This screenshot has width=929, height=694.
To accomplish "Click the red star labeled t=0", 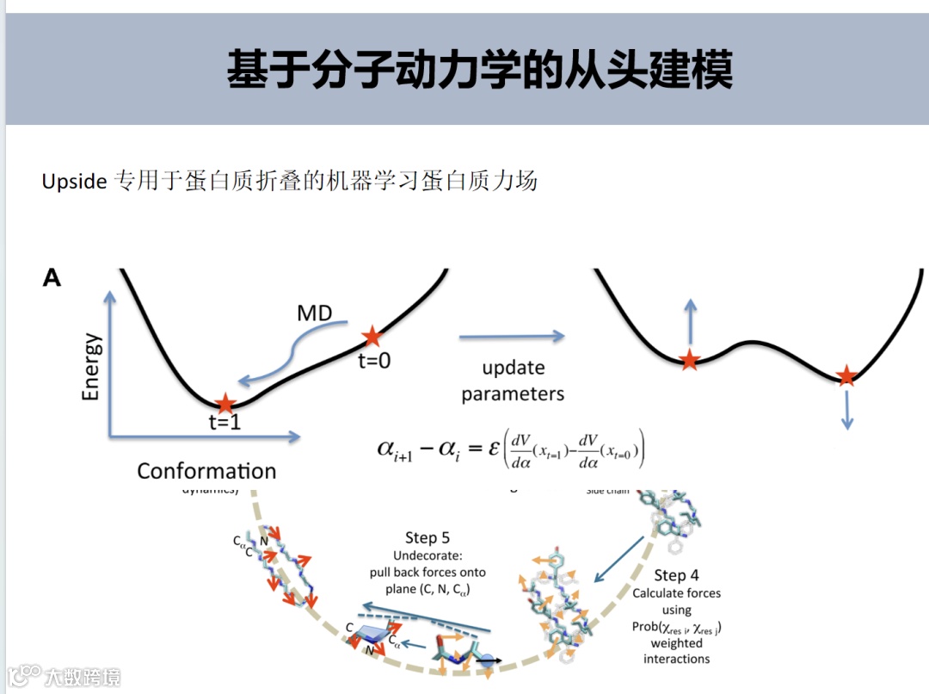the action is coord(372,336).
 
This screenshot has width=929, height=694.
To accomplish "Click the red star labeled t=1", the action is coord(225,403).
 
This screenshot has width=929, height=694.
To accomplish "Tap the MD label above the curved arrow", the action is coord(314,313).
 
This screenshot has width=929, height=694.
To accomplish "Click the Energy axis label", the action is coord(91,367).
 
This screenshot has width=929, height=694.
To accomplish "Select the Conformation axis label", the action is coord(206,471).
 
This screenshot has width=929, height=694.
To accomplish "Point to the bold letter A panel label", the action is coord(52,278).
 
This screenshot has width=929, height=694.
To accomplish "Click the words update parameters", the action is coord(513,381).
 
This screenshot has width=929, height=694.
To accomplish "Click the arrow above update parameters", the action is coord(512,337).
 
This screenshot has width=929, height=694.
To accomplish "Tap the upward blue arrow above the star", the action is coord(689,322).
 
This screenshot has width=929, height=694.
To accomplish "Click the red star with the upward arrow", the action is coord(689,361).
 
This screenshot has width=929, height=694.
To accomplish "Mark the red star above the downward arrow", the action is coord(847,375).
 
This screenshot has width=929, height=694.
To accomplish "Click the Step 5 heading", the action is coord(428,538).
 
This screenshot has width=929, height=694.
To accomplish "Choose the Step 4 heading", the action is coord(677,575).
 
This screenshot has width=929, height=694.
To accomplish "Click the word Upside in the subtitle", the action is coord(74,183).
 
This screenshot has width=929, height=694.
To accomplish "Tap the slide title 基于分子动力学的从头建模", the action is coord(480,69).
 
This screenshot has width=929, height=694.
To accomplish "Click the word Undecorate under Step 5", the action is coord(428,555).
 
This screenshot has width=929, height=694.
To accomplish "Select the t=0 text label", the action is coord(374,361).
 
